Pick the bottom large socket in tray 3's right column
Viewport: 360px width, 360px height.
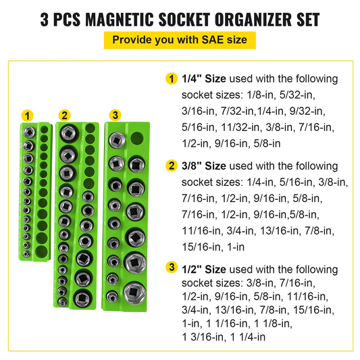pos(134,292)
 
